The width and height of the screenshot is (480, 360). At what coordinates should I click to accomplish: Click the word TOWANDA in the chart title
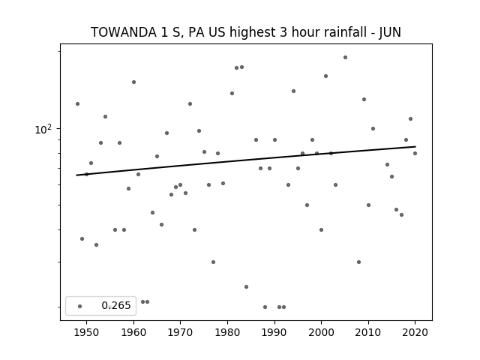pyautogui.click(x=123, y=32)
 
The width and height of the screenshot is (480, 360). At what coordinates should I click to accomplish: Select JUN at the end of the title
pyautogui.click(x=390, y=33)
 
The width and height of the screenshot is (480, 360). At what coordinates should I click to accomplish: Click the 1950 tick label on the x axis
pyautogui.click(x=87, y=332)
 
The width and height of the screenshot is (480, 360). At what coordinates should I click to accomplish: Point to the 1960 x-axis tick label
pyautogui.click(x=133, y=332)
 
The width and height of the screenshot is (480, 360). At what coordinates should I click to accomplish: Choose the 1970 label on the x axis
pyautogui.click(x=180, y=332)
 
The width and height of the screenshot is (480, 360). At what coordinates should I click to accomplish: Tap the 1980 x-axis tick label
pyautogui.click(x=227, y=332)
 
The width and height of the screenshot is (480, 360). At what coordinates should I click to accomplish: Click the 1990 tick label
pyautogui.click(x=274, y=332)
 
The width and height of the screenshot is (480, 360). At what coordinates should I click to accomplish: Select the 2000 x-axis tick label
pyautogui.click(x=321, y=332)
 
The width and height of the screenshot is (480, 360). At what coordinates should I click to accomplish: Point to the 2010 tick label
pyautogui.click(x=368, y=332)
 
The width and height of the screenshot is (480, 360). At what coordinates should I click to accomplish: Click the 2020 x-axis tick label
pyautogui.click(x=415, y=332)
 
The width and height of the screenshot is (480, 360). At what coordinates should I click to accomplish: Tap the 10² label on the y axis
pyautogui.click(x=43, y=129)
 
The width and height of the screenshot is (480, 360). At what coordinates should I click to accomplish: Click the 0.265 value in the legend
pyautogui.click(x=116, y=305)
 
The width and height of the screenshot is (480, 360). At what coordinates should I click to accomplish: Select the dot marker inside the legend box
pyautogui.click(x=80, y=306)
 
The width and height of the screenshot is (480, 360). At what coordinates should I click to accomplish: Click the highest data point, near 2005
pyautogui.click(x=345, y=57)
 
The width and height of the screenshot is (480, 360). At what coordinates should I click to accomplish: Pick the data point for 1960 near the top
pyautogui.click(x=133, y=82)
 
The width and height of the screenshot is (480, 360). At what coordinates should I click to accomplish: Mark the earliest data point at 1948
pyautogui.click(x=77, y=103)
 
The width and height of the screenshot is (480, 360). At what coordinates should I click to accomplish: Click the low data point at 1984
pyautogui.click(x=247, y=286)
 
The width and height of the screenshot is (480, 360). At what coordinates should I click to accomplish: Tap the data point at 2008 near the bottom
pyautogui.click(x=358, y=262)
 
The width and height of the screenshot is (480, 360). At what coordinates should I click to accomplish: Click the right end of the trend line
pyautogui.click(x=415, y=147)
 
